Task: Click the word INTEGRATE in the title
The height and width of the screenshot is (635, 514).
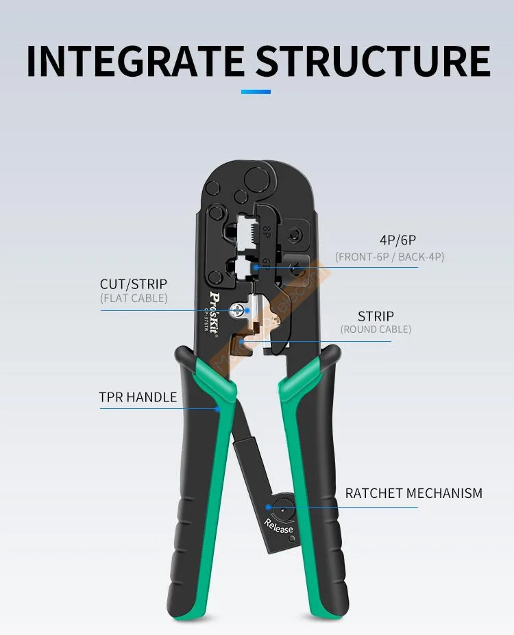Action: pos(135,61)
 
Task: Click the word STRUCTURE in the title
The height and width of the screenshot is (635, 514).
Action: pos(374,61)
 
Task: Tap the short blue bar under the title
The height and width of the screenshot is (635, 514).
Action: pos(256,92)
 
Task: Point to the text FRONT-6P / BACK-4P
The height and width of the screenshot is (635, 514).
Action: pos(389,257)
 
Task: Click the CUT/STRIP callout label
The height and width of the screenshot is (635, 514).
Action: pos(134,284)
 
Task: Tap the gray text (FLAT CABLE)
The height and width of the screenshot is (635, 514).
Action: pos(134,298)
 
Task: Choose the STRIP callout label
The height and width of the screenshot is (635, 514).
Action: pos(376,316)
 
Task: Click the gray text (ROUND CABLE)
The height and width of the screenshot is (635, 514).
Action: pos(376,329)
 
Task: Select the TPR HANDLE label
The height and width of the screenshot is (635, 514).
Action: pos(138,397)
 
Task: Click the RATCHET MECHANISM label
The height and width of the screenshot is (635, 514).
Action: pos(413,493)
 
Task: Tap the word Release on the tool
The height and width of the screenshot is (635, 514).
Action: pos(279,526)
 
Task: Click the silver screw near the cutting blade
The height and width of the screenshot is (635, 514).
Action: pos(237,310)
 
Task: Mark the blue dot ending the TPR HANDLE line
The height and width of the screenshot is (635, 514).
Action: pos(219,409)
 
